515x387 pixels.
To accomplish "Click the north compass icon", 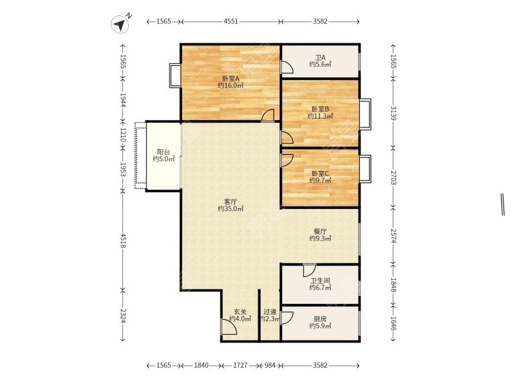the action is coord(120,24).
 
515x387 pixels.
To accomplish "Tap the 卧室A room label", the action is coord(230,79).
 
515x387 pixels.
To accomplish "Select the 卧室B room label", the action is coord(320,109).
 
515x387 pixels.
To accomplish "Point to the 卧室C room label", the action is coord(320,173).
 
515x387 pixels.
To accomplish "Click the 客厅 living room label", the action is coord(230,202).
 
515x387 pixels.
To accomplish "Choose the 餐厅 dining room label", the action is coord(320,232).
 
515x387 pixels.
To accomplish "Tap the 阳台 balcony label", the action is coord(164,152).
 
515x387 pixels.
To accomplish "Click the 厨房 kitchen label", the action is coord(320,319).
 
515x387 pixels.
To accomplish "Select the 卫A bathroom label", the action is coord(320,57).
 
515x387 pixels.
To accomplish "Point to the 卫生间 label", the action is coord(320,281).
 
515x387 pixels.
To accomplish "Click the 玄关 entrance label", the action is coord(240,312).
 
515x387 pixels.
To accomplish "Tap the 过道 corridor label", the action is coord(270,312).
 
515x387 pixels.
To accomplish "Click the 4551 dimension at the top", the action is coord(230,21).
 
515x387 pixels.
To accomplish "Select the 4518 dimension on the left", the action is coord(123,241).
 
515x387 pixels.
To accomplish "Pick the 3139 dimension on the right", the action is coord(393,113).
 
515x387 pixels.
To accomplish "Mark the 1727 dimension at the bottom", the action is coord(240,365).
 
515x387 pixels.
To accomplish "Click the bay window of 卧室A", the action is coord(174,75).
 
